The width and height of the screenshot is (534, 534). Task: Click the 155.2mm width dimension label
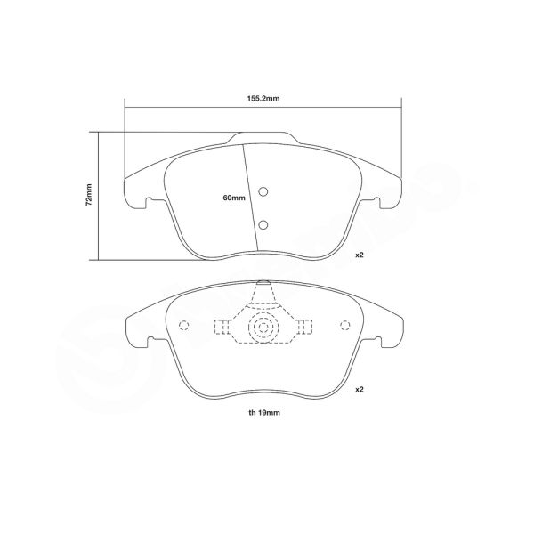tap(264, 100)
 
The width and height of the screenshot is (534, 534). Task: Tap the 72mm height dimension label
tap(89, 197)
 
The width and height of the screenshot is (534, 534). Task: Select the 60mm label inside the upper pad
tap(233, 198)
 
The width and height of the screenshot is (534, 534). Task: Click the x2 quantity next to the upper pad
tap(360, 255)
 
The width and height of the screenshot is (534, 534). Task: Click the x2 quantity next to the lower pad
tap(360, 390)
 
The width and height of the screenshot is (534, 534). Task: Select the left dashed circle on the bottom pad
tap(184, 325)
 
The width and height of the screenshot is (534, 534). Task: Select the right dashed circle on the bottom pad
tap(341, 325)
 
